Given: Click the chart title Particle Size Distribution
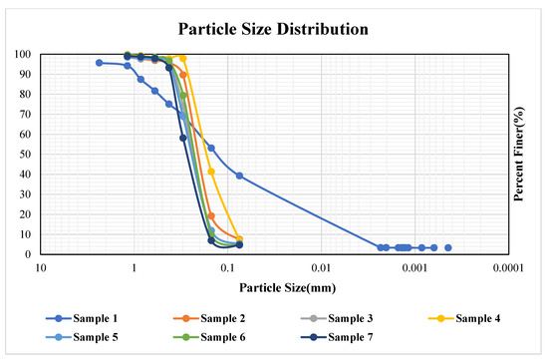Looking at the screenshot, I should point(274,29).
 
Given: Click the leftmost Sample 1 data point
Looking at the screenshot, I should point(99,63).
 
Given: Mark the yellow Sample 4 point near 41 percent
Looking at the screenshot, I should point(211,172).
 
